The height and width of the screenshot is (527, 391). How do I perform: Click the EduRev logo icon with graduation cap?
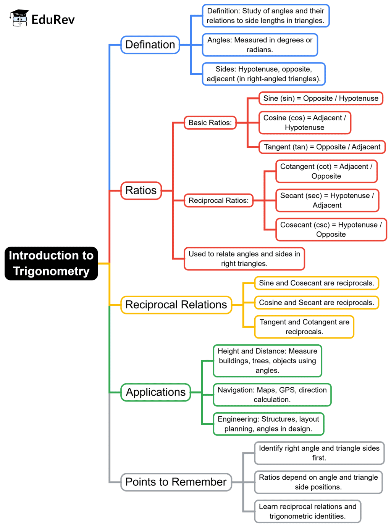click(x=19, y=18)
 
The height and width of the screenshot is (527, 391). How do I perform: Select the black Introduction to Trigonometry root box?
click(x=51, y=263)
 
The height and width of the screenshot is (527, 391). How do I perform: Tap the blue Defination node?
click(x=150, y=45)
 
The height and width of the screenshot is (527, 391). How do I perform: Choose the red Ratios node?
click(x=141, y=190)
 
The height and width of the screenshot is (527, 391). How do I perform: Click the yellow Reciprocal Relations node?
click(x=176, y=305)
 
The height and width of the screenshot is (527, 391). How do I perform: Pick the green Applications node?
click(x=156, y=392)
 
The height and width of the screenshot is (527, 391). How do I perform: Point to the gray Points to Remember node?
click(x=176, y=482)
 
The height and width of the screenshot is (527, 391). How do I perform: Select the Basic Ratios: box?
click(x=210, y=123)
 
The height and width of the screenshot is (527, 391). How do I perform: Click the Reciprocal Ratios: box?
click(x=218, y=201)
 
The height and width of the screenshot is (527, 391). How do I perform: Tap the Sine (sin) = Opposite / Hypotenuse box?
click(x=321, y=98)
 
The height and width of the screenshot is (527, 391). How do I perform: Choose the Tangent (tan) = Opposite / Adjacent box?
click(x=322, y=147)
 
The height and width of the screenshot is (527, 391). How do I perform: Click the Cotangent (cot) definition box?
click(x=326, y=171)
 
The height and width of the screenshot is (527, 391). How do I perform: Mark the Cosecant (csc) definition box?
click(x=331, y=230)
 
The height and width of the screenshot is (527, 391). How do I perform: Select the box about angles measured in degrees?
click(x=260, y=45)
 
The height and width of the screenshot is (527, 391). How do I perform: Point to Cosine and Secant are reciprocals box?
click(x=317, y=303)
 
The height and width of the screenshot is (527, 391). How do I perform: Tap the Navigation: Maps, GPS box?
click(x=272, y=395)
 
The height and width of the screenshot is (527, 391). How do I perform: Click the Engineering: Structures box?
click(x=268, y=424)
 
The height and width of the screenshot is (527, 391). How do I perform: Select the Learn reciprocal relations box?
click(x=307, y=511)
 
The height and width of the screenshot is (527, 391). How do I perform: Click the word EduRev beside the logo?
click(x=53, y=19)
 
